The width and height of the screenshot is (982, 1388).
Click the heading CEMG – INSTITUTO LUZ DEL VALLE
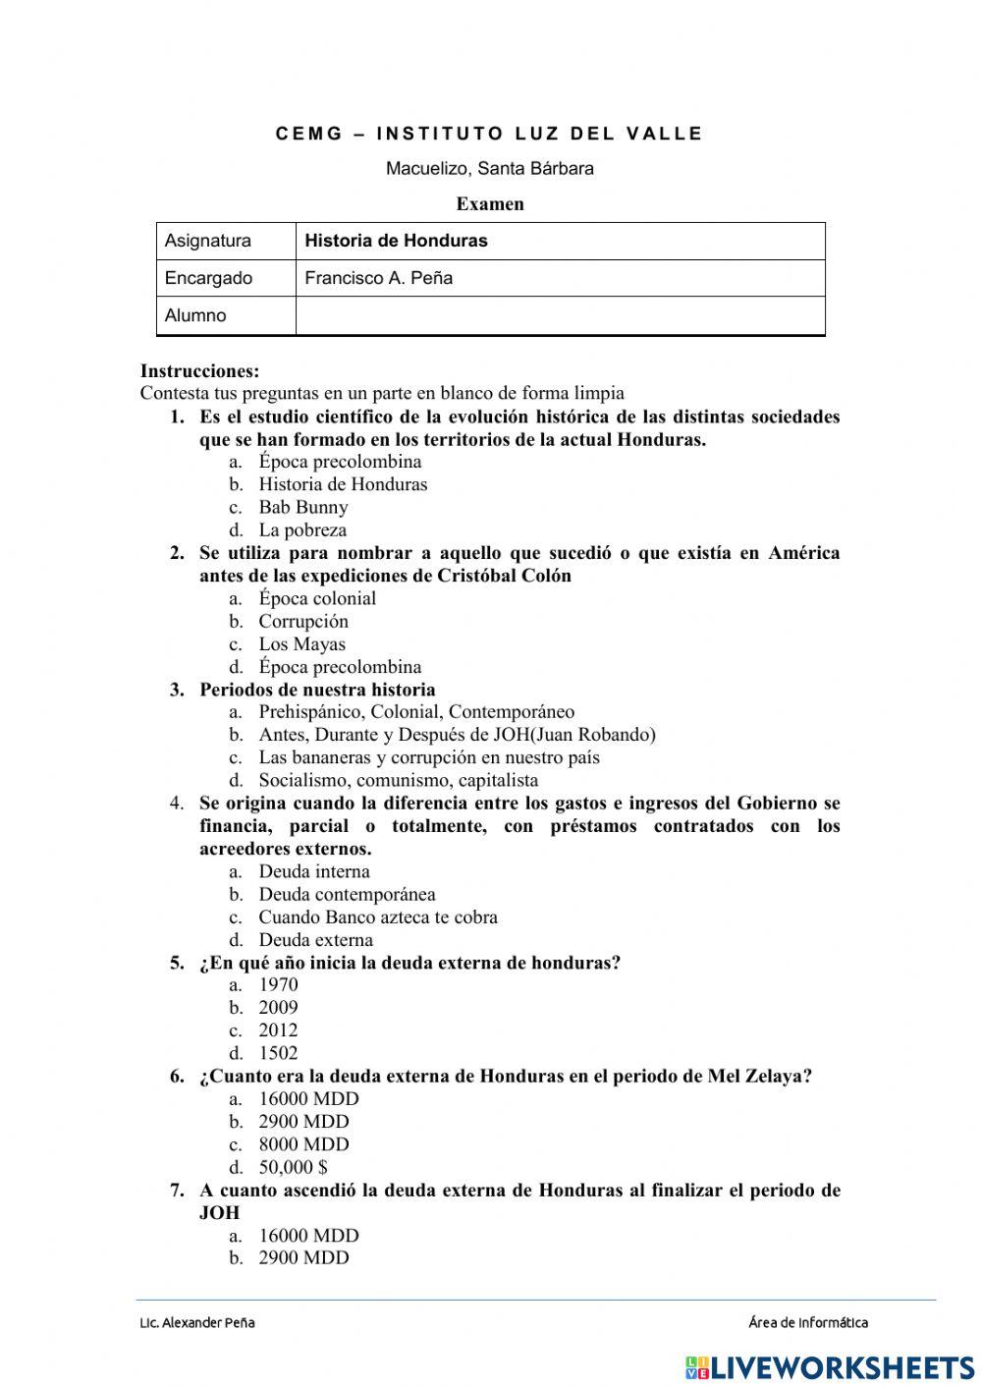[489, 134]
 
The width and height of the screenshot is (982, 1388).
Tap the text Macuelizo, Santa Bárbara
[489, 168]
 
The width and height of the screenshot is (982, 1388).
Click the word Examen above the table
[490, 204]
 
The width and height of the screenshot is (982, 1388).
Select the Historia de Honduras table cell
[559, 241]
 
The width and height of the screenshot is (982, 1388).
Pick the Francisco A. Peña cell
[559, 278]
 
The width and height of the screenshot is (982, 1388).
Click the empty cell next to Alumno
[559, 315]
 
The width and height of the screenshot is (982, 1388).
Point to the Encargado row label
[209, 278]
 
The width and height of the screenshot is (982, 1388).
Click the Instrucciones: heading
[200, 371]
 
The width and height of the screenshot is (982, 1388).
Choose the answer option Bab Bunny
[302, 507]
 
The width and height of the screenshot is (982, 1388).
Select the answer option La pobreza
[302, 529]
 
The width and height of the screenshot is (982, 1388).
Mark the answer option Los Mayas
[301, 644]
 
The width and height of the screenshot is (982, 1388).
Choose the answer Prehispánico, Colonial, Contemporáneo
[416, 711]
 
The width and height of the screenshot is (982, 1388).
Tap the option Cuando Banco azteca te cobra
[378, 916]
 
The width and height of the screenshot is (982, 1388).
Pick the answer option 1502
[278, 1053]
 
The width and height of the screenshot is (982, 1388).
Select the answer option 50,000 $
[293, 1167]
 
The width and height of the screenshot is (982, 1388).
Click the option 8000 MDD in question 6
[303, 1144]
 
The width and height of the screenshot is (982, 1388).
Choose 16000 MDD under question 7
[308, 1235]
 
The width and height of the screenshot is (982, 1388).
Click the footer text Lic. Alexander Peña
[197, 1322]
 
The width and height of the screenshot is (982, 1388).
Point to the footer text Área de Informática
[807, 1322]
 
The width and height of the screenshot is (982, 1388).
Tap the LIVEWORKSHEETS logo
[830, 1366]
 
